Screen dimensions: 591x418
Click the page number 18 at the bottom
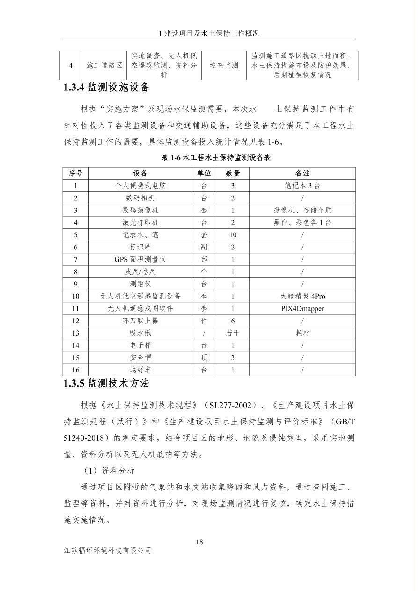199,542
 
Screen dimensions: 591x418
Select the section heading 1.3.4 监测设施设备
106,87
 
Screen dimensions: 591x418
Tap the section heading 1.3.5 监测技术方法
106,383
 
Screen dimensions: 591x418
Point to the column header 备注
302,173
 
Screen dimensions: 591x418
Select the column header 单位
204,173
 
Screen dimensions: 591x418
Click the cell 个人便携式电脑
140,185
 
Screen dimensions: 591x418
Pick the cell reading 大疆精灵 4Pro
302,296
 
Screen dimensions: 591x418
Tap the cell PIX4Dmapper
302,308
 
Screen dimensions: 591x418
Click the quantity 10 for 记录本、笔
233,234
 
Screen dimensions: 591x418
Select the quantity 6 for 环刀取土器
233,321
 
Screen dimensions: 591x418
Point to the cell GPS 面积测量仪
140,259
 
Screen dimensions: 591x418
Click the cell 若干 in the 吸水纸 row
233,333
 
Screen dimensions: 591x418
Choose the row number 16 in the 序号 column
76,370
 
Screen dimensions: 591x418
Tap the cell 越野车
140,370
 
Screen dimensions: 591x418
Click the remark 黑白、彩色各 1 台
302,222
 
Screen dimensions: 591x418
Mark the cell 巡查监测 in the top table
224,66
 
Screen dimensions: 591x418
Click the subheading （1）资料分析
109,470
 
